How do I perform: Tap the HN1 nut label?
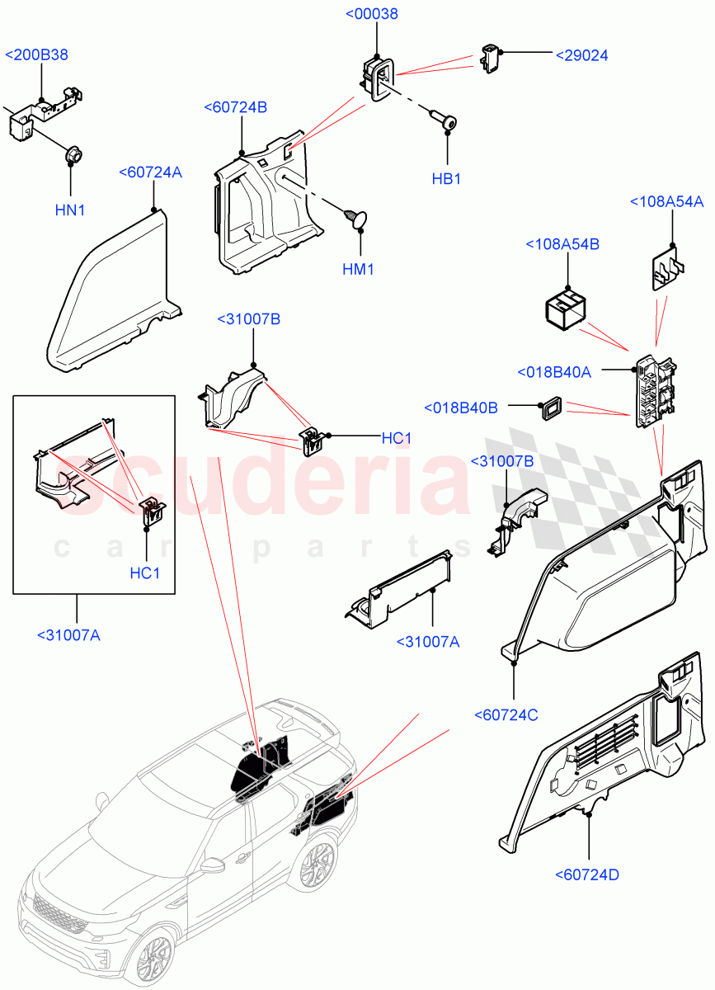coord(70,210)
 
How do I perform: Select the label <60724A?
coord(150,172)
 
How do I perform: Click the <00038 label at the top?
coord(376,13)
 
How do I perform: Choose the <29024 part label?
coord(581,55)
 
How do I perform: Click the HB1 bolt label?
coord(446,179)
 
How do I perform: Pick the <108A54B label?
coord(562,245)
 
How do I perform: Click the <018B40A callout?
coord(554,372)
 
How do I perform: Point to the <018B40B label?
coord(461,408)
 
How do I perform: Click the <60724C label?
coord(506,714)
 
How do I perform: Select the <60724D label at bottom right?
coord(589,874)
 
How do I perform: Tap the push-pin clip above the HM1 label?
coord(355,218)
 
